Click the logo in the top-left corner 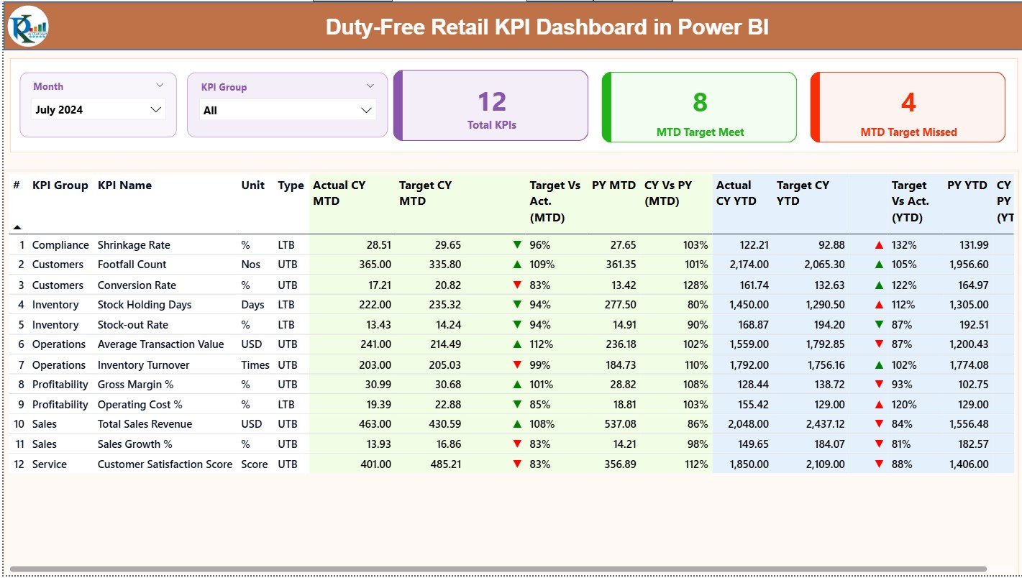(28, 26)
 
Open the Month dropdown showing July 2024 (99, 110)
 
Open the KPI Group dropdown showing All (287, 111)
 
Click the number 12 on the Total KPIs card (492, 102)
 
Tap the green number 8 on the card (700, 102)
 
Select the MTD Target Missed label (908, 132)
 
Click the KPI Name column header (124, 185)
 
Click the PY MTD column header (613, 185)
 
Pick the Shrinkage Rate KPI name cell (133, 245)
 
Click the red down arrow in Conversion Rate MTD (517, 285)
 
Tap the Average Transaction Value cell (160, 344)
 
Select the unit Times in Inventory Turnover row (255, 365)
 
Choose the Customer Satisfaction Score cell (165, 464)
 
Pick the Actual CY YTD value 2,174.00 (749, 265)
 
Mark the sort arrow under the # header (17, 227)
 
